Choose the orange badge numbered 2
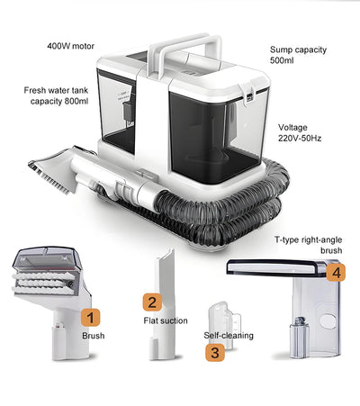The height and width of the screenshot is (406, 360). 153,302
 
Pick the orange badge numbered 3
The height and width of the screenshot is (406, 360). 214,353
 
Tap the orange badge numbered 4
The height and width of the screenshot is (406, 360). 336,271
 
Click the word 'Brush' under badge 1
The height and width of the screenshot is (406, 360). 94,335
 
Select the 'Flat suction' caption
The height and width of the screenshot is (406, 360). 165,320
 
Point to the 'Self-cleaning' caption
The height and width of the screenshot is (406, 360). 228,335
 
